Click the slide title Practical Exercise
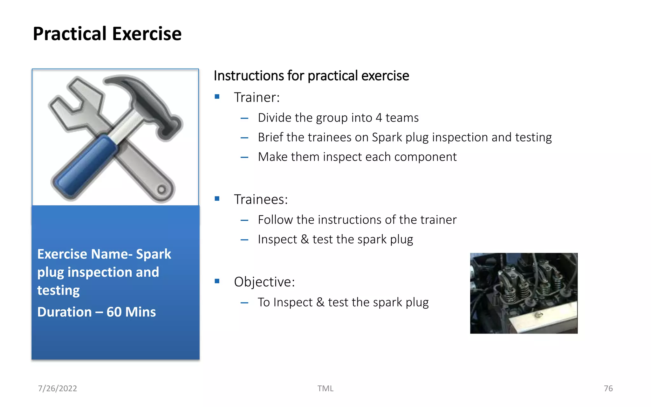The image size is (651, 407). [107, 34]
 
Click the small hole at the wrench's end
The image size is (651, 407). [161, 190]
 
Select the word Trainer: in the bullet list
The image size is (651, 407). [257, 97]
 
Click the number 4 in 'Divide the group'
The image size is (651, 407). [379, 118]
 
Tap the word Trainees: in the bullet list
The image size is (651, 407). [261, 199]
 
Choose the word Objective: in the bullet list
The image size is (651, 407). [264, 282]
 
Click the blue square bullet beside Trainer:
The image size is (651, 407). [217, 97]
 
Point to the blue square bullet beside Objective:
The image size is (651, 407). [217, 281]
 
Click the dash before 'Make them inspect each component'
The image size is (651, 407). [244, 157]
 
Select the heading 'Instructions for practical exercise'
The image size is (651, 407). [311, 76]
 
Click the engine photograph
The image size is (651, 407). [524, 293]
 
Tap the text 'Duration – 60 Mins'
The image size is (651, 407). [96, 312]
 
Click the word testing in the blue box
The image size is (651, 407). [58, 290]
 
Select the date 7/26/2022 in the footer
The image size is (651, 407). [58, 388]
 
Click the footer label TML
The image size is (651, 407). [325, 388]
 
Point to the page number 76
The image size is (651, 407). [608, 388]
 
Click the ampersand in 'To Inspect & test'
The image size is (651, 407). [320, 302]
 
